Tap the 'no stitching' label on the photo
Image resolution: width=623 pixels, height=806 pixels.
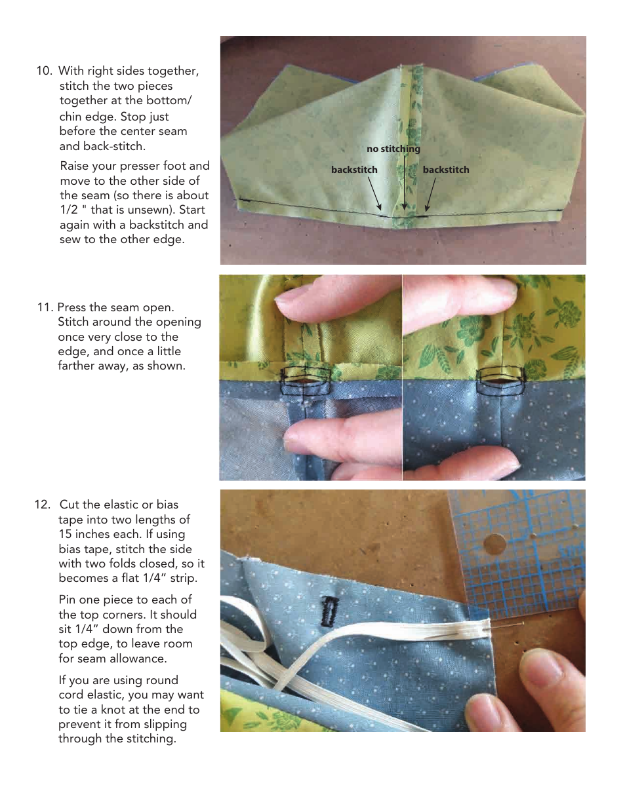point(393,149)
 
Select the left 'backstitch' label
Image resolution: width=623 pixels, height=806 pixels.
point(354,170)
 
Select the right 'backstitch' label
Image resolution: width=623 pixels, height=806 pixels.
point(446,170)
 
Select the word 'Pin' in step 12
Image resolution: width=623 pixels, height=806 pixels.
point(68,600)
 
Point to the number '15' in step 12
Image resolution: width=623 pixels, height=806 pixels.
point(66,534)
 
